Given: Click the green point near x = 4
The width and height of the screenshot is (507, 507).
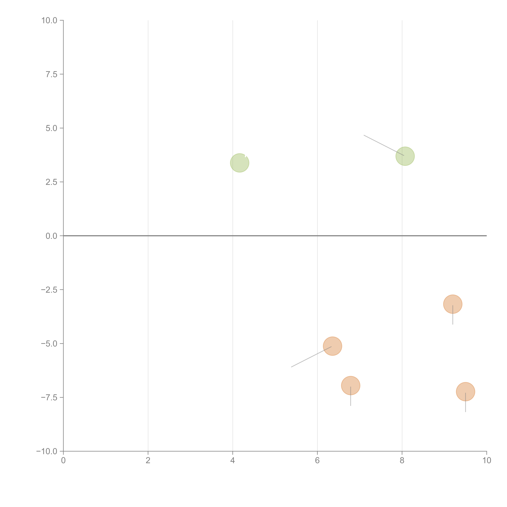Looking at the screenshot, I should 239,163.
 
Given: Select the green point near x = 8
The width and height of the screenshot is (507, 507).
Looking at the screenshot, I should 405,156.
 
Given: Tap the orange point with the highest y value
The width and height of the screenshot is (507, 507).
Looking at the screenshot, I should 453,304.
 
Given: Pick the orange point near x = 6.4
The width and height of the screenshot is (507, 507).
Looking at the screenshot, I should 332,346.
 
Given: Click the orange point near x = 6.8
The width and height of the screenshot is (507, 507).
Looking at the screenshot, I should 351,386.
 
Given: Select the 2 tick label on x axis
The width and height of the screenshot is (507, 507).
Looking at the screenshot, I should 148,461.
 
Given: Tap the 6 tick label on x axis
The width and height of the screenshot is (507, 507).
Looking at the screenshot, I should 317,461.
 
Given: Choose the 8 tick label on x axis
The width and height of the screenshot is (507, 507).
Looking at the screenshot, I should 402,461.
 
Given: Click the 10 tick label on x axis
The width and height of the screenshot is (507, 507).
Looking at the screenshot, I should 487,461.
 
